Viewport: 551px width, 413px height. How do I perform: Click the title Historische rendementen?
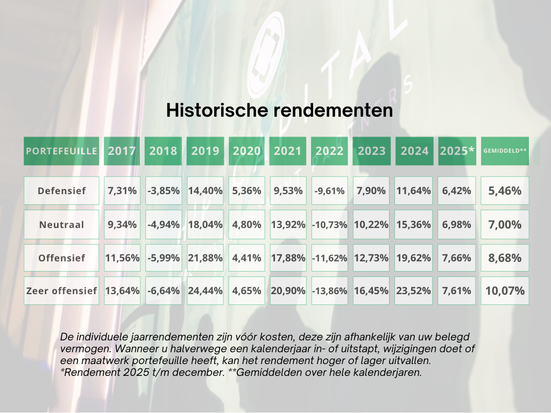point(279,110)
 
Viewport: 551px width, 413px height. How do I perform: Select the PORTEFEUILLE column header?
point(61,151)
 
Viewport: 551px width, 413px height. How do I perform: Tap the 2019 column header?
point(205,151)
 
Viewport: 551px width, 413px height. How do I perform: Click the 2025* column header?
point(457,151)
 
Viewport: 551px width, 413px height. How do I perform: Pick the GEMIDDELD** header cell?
point(505,151)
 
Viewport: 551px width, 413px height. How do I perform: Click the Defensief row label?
point(61,191)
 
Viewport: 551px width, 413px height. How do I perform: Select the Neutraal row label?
point(61,225)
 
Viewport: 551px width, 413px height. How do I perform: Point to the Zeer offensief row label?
point(61,291)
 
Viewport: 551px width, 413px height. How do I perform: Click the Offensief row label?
point(61,258)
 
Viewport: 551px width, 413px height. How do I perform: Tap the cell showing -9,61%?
point(329,191)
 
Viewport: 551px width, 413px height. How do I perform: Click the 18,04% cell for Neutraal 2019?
point(205,225)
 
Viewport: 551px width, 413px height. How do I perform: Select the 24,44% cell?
point(205,291)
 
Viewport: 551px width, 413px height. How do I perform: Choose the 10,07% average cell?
point(505,291)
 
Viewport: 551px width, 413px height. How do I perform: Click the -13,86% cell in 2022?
point(329,291)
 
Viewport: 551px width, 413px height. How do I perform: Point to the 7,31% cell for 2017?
point(122,191)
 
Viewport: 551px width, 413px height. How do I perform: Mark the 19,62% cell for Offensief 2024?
point(414,258)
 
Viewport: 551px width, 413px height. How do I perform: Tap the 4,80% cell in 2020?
point(247,225)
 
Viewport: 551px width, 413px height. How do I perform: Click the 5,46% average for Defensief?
point(505,191)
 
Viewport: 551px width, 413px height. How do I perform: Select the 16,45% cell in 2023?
point(371,291)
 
